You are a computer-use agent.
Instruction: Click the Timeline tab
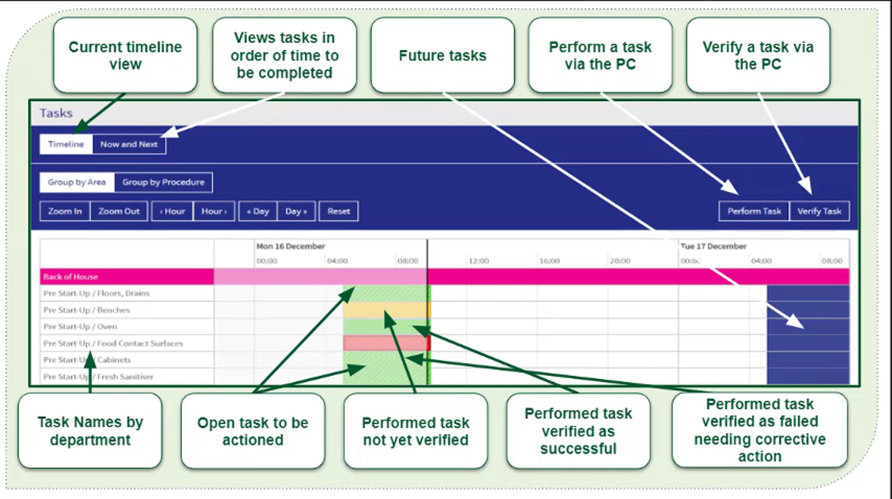(66, 144)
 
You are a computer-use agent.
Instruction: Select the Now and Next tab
(129, 144)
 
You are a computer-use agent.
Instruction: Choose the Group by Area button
(77, 182)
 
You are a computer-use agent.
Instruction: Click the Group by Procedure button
(163, 182)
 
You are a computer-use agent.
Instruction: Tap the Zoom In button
(65, 211)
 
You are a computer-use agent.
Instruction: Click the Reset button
(338, 211)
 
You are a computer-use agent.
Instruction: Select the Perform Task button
(754, 211)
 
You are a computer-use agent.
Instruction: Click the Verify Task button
(819, 211)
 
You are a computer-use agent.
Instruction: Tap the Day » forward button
(296, 211)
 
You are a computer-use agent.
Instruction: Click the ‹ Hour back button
(172, 211)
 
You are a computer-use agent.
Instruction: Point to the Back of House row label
(71, 277)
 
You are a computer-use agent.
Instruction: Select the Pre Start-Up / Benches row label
(87, 310)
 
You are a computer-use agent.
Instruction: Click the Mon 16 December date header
(291, 246)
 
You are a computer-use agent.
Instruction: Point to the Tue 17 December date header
(713, 246)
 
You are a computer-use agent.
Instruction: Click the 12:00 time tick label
(478, 261)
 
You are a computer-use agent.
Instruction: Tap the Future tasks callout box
(442, 55)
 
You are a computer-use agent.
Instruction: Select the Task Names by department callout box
(90, 431)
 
